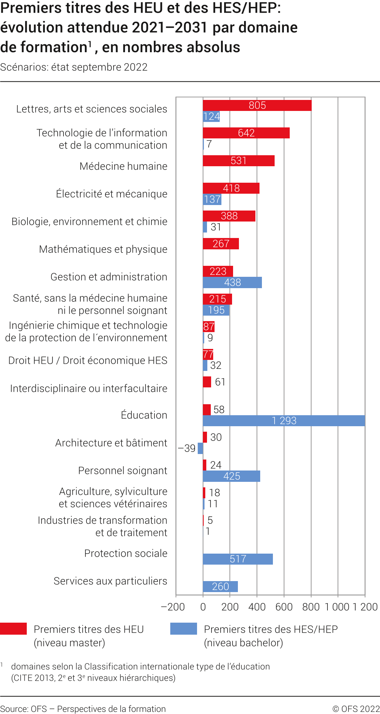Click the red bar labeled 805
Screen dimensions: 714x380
(x=257, y=105)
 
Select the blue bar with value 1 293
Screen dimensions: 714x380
(x=284, y=421)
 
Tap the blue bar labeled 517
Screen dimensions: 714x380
(x=238, y=559)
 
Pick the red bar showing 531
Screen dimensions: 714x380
(x=239, y=161)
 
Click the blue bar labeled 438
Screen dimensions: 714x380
(x=232, y=283)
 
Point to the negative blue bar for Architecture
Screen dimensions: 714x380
(x=200, y=449)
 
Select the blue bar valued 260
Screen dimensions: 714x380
(x=220, y=587)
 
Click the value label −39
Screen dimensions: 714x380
(x=187, y=449)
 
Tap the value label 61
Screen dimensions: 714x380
(x=220, y=382)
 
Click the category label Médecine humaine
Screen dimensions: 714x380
(x=123, y=166)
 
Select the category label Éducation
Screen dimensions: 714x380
(x=144, y=415)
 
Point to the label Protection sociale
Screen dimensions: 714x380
(x=126, y=554)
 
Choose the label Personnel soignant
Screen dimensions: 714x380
(x=123, y=471)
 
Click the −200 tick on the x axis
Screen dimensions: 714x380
(x=173, y=607)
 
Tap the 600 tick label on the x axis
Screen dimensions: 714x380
(x=284, y=607)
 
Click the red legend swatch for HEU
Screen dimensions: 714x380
(x=13, y=628)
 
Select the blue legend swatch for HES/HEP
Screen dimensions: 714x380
(x=184, y=628)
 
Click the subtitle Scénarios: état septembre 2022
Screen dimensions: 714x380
(x=74, y=67)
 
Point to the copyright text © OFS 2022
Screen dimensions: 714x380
(x=356, y=709)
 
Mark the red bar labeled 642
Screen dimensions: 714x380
(x=246, y=133)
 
